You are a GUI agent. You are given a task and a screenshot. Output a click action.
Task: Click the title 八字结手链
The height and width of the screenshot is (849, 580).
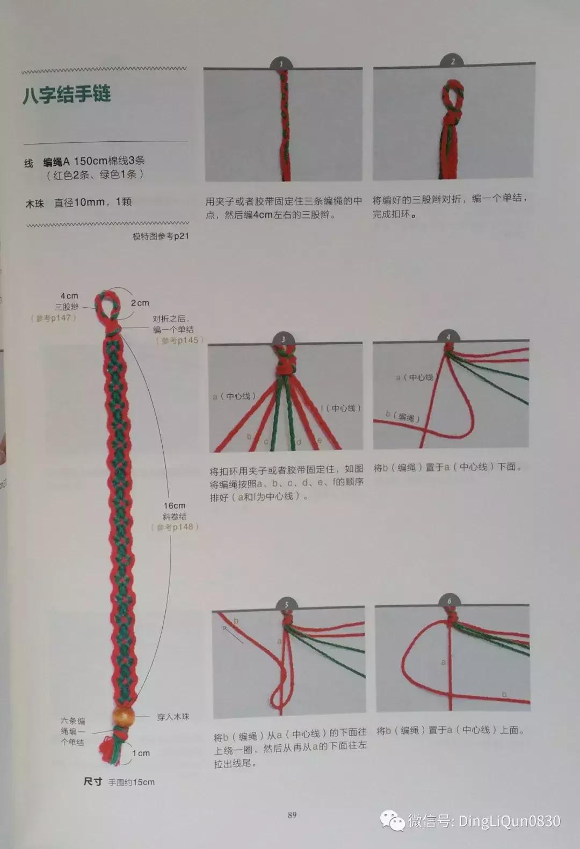[x=67, y=95]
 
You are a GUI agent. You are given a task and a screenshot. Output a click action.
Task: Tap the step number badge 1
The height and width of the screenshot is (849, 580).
[x=281, y=63]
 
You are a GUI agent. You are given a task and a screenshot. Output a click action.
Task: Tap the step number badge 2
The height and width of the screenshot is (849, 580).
[x=452, y=61]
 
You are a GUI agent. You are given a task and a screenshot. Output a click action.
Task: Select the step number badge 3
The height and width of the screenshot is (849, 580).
[x=283, y=338]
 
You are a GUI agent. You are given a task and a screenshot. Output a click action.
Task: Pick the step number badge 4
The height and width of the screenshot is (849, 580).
[x=448, y=336]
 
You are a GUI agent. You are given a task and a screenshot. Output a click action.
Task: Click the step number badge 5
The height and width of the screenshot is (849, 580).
[x=286, y=604]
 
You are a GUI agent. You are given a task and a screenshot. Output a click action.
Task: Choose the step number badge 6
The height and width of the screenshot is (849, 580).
[x=449, y=600]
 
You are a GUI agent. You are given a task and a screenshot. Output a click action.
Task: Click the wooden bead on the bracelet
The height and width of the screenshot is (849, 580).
[x=123, y=716]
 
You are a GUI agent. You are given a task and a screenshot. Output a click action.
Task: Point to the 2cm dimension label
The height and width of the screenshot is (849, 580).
[x=140, y=303]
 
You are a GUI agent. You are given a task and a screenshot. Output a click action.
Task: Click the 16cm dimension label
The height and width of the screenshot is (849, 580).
[x=175, y=505]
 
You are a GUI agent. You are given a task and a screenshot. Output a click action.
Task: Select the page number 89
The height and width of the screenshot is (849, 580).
[x=292, y=815]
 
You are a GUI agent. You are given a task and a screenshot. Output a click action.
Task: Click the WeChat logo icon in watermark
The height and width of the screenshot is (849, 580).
[x=392, y=821]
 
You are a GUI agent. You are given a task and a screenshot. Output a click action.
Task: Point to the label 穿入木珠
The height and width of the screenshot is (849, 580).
[x=173, y=716]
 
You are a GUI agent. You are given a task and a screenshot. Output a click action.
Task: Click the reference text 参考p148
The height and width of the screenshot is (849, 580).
[x=175, y=527]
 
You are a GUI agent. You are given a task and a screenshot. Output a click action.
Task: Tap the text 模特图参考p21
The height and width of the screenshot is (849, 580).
[x=161, y=236]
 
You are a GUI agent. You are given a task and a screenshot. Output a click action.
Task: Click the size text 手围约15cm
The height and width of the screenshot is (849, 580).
[x=132, y=782]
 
